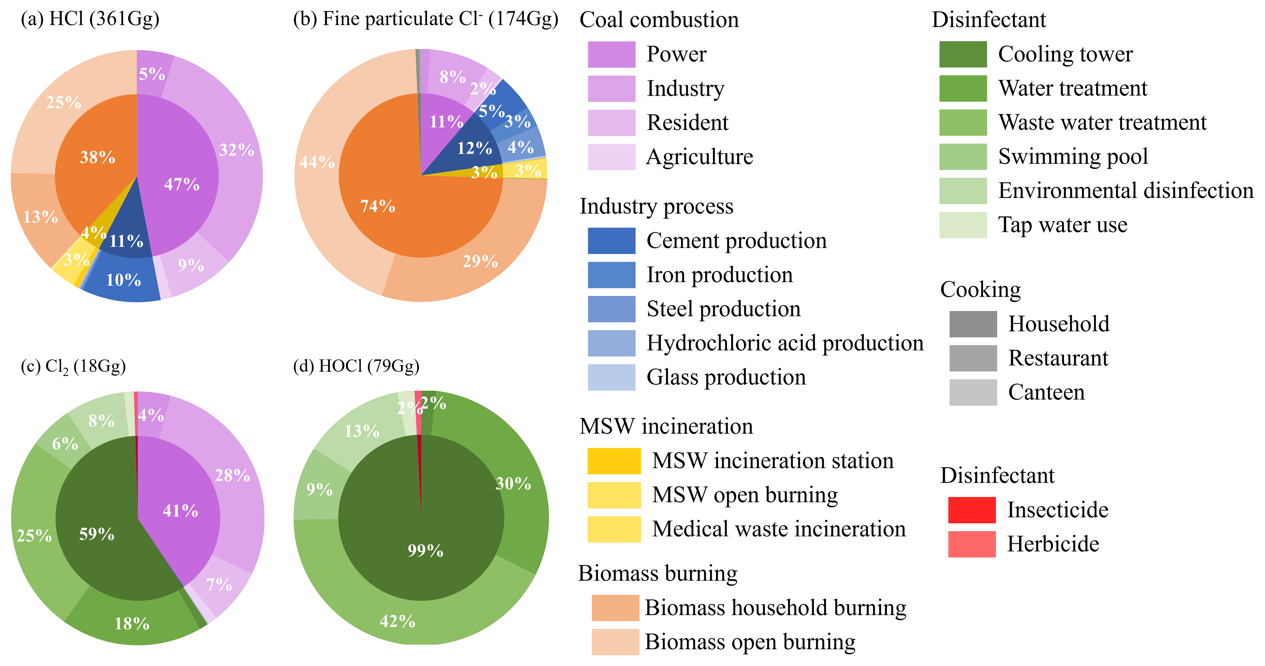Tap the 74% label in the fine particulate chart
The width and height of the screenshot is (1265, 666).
[x=378, y=206]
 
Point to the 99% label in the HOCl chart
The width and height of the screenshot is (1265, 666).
[x=425, y=550]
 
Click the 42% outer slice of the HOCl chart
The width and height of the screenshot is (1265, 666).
[x=397, y=621]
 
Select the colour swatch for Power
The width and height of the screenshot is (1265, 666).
[x=611, y=54]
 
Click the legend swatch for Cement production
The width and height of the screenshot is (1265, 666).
[x=611, y=241]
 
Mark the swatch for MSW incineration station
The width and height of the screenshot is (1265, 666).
[x=614, y=461]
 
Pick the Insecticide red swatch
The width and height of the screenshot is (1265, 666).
[x=971, y=510]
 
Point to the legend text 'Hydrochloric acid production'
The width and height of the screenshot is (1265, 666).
[x=785, y=343]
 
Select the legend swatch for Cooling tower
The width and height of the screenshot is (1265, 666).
[x=962, y=54]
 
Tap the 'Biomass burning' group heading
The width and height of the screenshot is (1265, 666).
[x=658, y=573]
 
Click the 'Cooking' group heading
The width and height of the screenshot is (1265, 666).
[x=980, y=289]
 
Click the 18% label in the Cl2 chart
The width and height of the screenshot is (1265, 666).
[x=131, y=624]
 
